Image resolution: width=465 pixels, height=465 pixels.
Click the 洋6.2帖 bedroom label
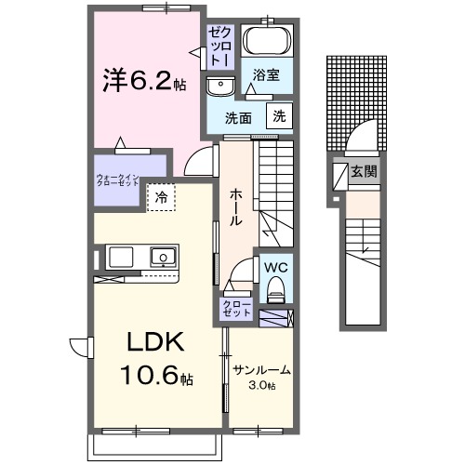point(144,82)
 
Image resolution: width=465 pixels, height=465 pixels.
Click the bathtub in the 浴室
point(267,42)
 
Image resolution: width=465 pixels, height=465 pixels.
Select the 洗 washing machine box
point(277,116)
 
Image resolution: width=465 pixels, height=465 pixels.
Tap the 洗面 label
point(240,118)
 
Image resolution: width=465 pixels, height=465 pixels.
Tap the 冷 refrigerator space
point(161,197)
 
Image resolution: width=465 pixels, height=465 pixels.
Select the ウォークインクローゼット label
point(118,179)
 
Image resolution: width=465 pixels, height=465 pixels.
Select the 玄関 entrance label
point(364,171)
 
